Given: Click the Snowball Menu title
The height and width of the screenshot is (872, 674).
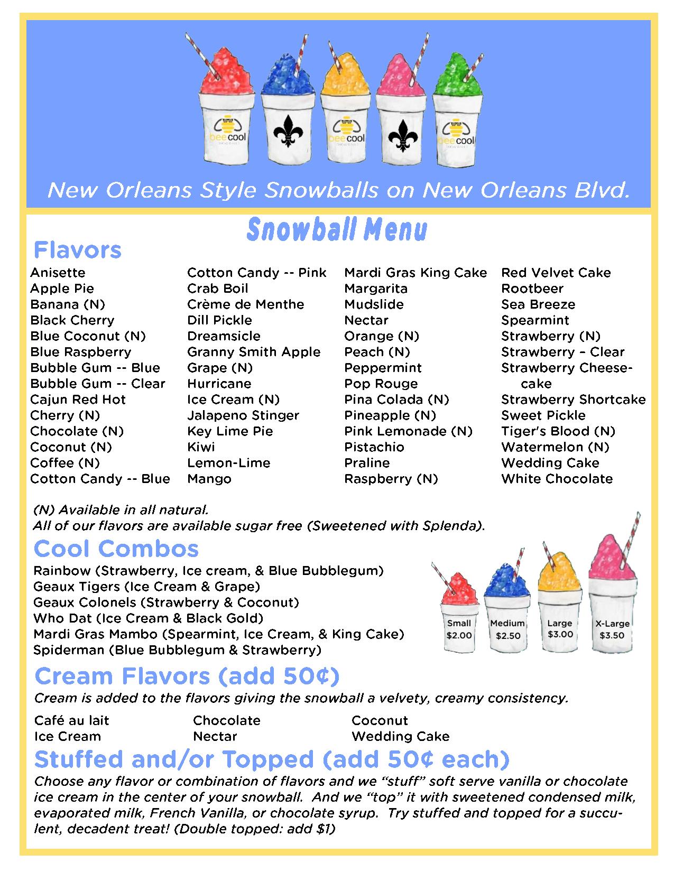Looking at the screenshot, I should [x=337, y=230].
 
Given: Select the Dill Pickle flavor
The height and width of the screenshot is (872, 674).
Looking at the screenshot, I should [x=219, y=320].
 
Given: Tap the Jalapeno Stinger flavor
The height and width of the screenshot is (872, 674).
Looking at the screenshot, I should [x=243, y=415].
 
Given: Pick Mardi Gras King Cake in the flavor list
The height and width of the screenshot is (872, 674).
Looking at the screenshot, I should [x=416, y=273].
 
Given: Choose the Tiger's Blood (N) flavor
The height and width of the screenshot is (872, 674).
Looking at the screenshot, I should [x=558, y=431].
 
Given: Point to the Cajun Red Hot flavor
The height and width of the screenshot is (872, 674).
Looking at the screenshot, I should [x=78, y=400].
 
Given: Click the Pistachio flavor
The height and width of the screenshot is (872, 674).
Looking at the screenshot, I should [x=374, y=447].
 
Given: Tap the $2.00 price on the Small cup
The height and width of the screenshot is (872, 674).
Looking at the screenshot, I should [x=459, y=635].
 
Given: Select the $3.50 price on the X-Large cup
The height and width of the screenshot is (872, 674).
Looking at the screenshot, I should [x=612, y=635].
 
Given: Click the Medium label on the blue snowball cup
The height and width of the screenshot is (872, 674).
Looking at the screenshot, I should [x=507, y=623].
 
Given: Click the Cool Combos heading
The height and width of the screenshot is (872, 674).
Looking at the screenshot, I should [x=116, y=549].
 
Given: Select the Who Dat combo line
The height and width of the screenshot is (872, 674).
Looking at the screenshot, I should [x=148, y=618].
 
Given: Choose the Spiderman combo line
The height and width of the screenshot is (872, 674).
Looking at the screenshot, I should [x=177, y=650].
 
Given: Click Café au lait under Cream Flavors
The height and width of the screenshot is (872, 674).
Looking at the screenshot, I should [x=71, y=721].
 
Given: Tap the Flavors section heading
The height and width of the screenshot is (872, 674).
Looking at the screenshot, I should [x=78, y=250].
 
